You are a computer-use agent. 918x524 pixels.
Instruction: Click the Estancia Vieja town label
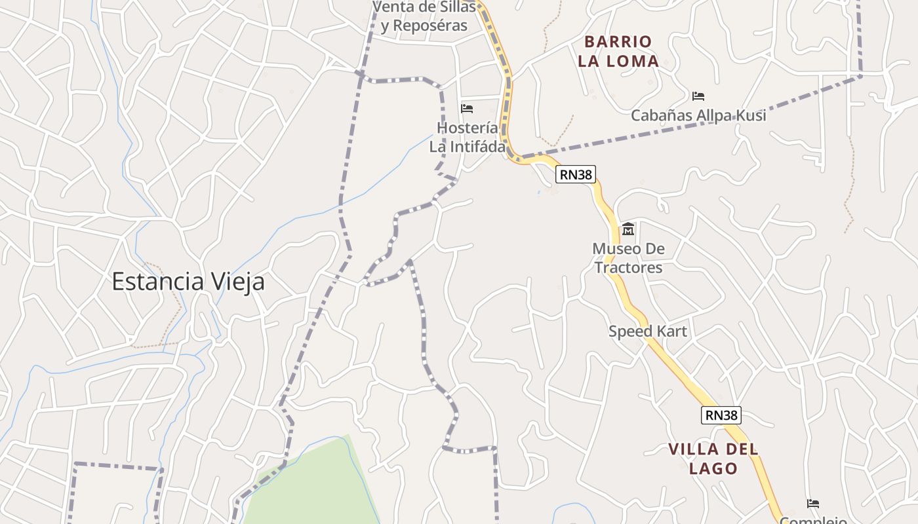[188, 282]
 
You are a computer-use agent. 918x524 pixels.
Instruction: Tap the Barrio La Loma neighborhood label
[618, 52]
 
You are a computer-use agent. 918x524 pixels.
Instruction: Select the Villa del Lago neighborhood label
[713, 458]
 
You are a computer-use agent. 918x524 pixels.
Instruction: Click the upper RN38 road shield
[576, 174]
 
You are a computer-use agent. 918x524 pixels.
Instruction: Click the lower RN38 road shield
[721, 415]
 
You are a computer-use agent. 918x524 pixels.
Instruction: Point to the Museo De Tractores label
[628, 258]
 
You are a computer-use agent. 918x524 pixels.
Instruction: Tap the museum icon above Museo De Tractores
[628, 229]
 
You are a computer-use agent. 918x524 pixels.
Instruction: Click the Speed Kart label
[648, 331]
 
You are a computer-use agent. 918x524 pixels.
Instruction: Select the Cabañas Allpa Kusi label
[698, 116]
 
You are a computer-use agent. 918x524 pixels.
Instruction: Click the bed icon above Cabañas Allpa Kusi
[698, 96]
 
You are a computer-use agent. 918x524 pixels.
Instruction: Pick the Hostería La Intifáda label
[467, 137]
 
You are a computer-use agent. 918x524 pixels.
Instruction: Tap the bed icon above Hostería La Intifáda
[467, 108]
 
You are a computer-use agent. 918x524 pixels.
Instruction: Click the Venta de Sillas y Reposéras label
[424, 16]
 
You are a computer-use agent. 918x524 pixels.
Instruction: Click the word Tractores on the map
[628, 268]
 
